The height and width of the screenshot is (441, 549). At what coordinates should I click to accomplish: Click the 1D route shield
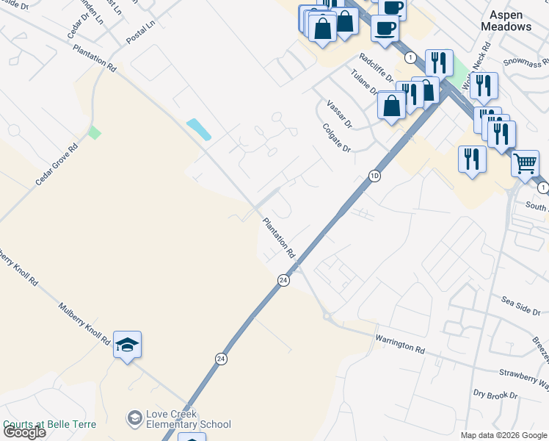pos(374,176)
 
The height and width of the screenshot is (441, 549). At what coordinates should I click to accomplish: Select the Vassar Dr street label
pos(340,113)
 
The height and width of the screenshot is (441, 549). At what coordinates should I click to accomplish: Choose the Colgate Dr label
pos(338,137)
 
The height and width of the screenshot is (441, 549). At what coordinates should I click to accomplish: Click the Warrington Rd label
pos(400,344)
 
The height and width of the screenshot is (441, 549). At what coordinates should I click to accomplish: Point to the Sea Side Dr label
pos(520,304)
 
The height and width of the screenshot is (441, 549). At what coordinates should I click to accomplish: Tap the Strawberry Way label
pos(523,378)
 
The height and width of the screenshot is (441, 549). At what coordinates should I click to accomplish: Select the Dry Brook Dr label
pos(495,395)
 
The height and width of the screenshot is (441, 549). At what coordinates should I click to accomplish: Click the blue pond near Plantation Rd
pos(199,129)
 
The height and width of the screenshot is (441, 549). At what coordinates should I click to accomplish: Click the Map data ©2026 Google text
pos(503,435)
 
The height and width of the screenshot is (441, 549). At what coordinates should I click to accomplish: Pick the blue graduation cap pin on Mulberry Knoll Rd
pos(127,345)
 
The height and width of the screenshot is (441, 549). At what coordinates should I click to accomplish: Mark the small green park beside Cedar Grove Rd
pos(94,133)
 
